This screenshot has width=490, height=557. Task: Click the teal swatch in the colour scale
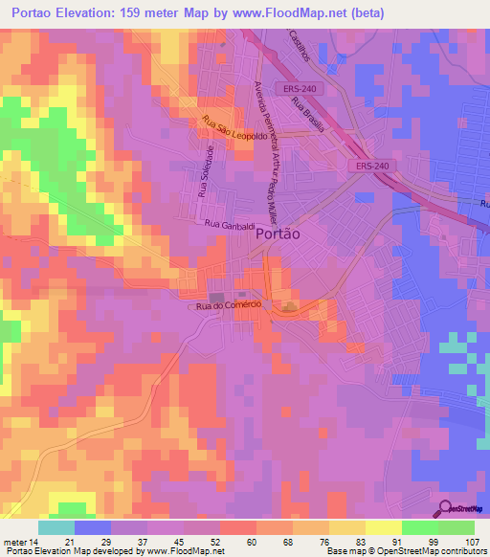[x=56, y=527]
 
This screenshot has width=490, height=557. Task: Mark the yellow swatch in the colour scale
[x=384, y=527]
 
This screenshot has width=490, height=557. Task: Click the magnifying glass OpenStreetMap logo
[x=445, y=509]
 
